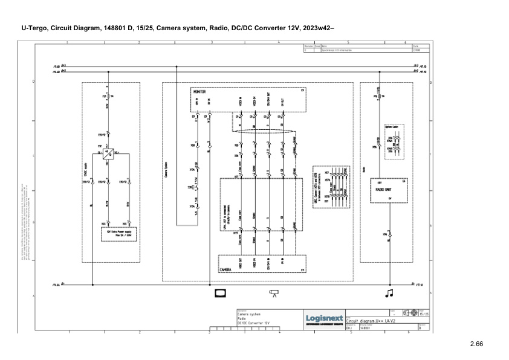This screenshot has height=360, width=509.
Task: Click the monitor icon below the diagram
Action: point(219,294)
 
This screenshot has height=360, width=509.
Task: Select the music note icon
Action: point(389,294)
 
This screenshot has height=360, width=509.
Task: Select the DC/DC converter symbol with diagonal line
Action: point(107,153)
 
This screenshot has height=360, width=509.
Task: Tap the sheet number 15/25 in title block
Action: point(425,314)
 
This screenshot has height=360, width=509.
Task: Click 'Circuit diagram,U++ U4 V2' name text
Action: point(374,320)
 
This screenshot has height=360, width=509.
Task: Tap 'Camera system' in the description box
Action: point(249,315)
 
